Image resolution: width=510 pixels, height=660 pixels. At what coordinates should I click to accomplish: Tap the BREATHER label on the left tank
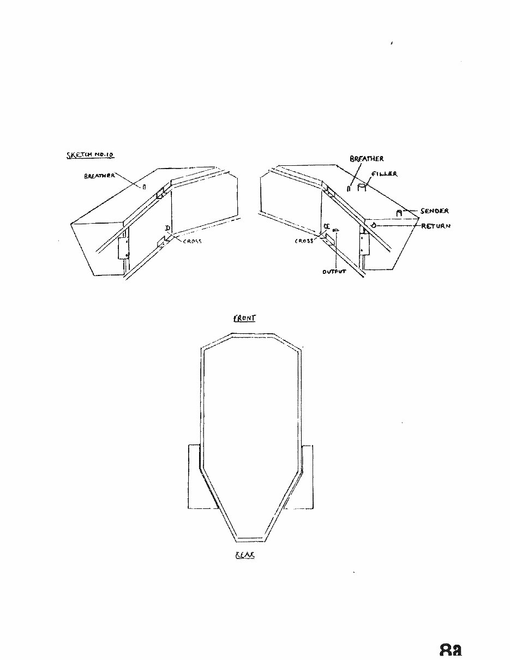99,176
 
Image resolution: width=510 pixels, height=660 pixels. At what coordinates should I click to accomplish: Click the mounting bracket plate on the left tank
123,248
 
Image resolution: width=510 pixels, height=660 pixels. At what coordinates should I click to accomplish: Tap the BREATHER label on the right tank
367,159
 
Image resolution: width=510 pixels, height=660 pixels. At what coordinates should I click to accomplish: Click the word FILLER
385,174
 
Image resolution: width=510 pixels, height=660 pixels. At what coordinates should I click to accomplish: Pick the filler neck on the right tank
361,187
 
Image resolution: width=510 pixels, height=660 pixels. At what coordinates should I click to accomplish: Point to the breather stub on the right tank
349,189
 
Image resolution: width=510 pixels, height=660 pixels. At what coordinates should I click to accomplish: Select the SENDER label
435,211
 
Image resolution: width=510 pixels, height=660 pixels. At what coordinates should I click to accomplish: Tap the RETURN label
436,225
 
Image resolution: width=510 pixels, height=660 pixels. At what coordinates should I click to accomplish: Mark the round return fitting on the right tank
373,225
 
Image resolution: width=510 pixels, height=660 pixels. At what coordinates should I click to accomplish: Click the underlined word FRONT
244,318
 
